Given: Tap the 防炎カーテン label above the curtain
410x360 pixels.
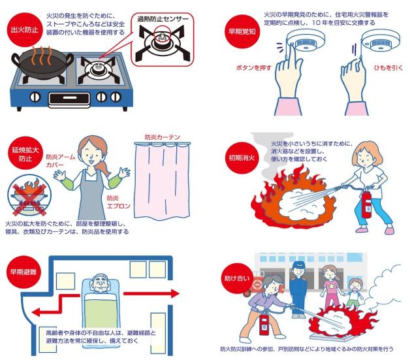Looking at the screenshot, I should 163,137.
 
